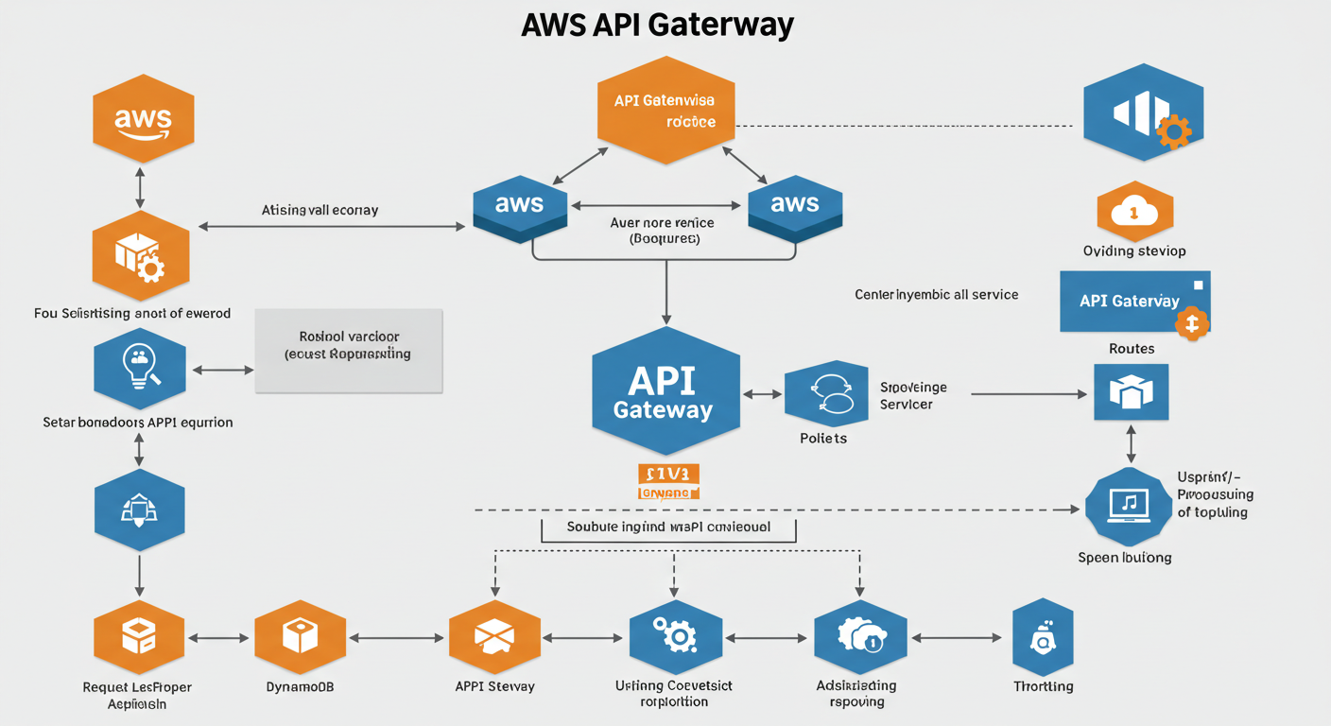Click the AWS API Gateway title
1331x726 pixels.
coord(657,25)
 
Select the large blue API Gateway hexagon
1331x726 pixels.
coord(665,392)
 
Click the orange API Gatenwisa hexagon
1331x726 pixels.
coord(665,111)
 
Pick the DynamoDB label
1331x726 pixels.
coord(300,686)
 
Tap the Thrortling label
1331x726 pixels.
coord(1043,686)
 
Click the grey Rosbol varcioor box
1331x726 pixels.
coord(349,350)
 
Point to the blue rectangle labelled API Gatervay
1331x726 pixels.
coord(1134,302)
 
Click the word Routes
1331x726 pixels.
coord(1132,349)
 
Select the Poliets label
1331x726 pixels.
coord(822,439)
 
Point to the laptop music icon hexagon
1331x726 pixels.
coord(1129,507)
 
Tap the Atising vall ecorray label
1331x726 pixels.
coord(320,210)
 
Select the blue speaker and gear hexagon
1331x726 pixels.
coord(1143,112)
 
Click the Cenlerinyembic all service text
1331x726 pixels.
coord(936,295)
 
